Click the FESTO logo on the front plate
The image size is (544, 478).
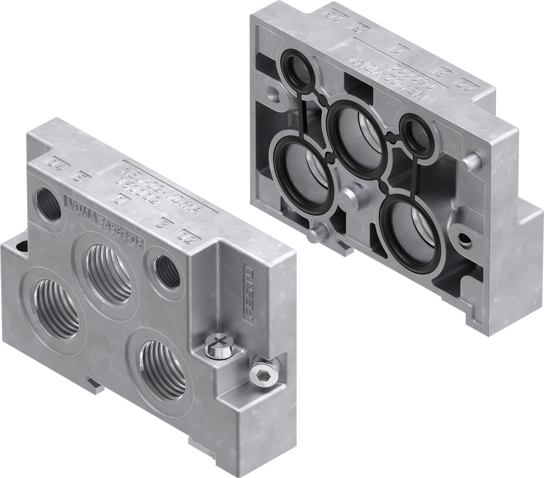(248, 294)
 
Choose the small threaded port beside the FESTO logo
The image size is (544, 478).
(167, 271)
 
